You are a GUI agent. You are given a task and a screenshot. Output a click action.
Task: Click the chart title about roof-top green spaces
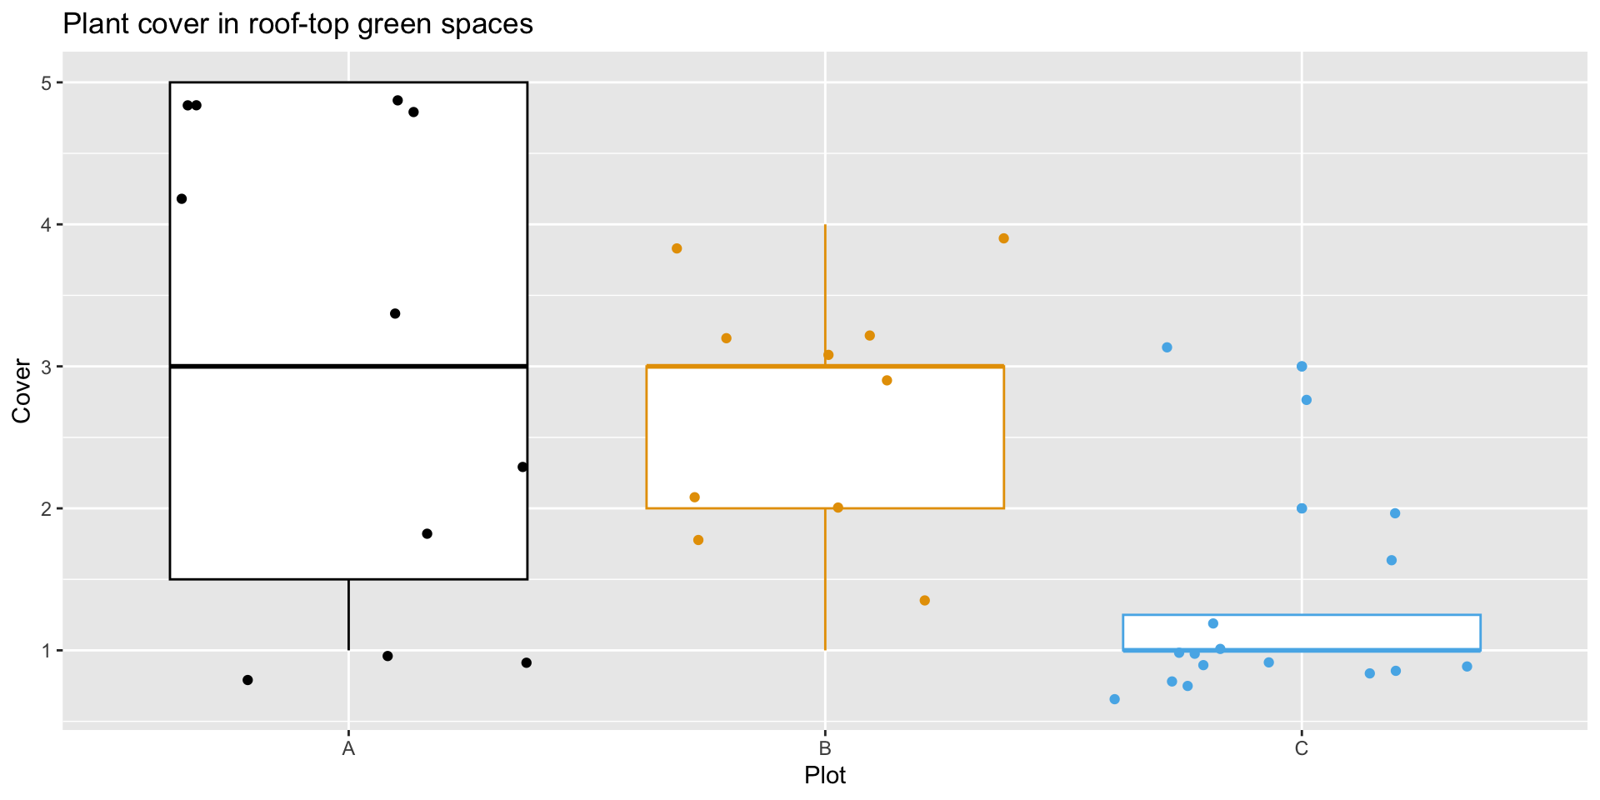(x=297, y=24)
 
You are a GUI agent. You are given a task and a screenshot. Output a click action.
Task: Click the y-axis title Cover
(x=22, y=391)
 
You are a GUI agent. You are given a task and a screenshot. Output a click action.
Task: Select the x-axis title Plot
(x=824, y=776)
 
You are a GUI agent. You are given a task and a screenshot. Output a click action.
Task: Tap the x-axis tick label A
(x=348, y=748)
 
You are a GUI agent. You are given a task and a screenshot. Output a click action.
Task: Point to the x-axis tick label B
(x=825, y=748)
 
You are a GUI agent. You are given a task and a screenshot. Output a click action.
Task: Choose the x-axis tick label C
(x=1302, y=748)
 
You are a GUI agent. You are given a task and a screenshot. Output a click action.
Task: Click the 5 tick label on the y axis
(x=47, y=82)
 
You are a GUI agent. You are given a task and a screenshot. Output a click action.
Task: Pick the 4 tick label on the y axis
(x=47, y=225)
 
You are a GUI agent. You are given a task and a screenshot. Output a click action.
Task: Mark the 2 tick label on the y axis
(x=47, y=508)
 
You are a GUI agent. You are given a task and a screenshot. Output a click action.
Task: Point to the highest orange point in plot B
(x=1003, y=238)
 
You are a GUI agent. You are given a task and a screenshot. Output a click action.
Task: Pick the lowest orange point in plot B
(x=924, y=601)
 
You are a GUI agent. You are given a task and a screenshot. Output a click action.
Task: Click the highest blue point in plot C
(x=1167, y=347)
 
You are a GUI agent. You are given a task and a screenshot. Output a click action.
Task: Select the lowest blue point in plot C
(x=1114, y=699)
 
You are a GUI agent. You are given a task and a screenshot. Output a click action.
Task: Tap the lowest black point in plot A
(x=247, y=680)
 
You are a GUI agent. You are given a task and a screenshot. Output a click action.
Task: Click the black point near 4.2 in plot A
(x=182, y=199)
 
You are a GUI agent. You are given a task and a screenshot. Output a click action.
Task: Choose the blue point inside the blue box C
(x=1213, y=623)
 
